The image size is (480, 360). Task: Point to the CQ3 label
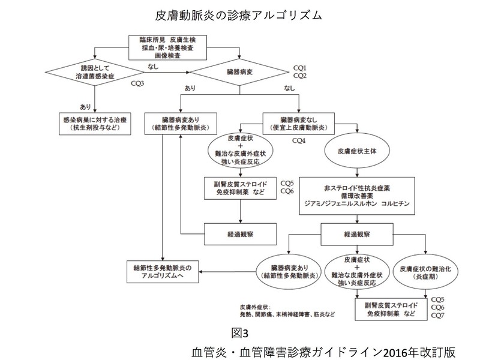pos(138,84)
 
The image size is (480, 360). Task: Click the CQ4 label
pos(299,142)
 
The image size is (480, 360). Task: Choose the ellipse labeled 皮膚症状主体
pos(358,153)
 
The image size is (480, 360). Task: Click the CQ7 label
pos(437,315)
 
